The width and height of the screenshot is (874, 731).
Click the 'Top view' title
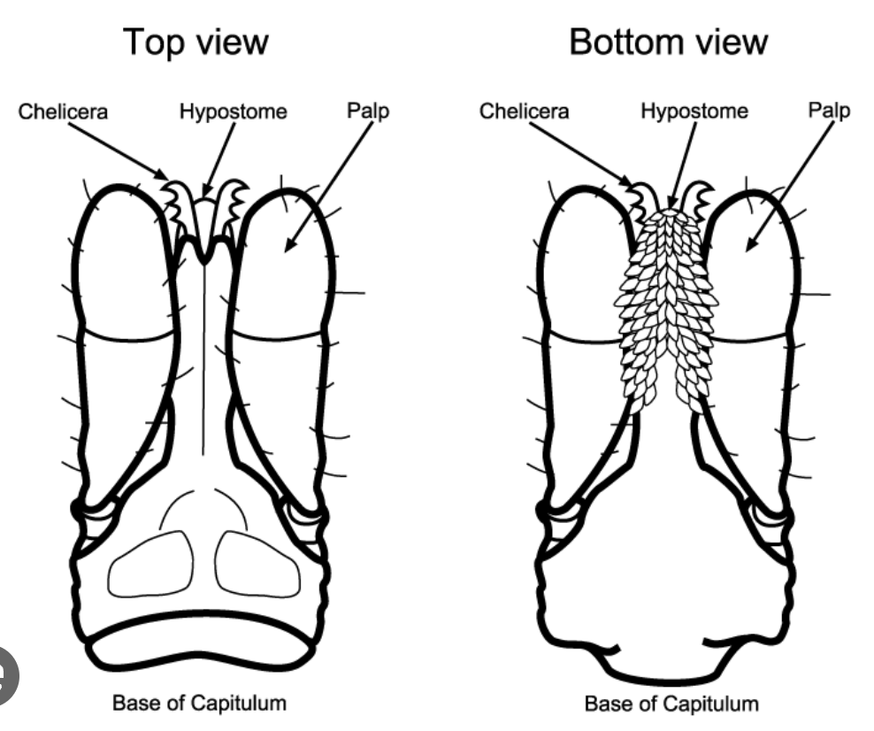195,42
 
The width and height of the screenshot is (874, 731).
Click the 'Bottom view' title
668,42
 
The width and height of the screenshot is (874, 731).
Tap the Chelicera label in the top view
64,112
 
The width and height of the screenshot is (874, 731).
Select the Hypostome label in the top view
234,112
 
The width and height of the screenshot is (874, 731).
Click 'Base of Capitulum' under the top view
199,704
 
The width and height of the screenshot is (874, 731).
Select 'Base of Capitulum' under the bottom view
671,704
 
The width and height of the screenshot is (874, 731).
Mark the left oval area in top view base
150,564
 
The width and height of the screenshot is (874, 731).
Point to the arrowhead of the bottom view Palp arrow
748,249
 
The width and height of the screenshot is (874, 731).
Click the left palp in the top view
124,265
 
